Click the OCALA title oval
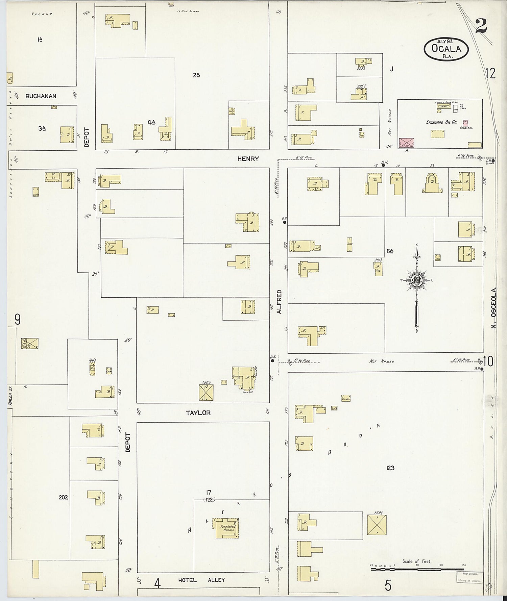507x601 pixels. [x=446, y=49]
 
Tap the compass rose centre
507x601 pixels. [x=417, y=280]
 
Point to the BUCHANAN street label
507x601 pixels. [x=41, y=96]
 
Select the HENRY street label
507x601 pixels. [x=248, y=158]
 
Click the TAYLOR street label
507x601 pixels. [x=198, y=413]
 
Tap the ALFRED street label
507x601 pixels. [x=279, y=302]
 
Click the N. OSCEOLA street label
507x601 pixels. [x=494, y=308]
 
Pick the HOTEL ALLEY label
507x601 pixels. [x=201, y=580]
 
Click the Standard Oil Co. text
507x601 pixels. [x=441, y=122]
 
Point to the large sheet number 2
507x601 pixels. [x=481, y=26]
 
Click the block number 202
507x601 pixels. [x=63, y=497]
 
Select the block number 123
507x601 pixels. [x=390, y=468]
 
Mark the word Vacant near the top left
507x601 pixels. [x=41, y=15]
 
